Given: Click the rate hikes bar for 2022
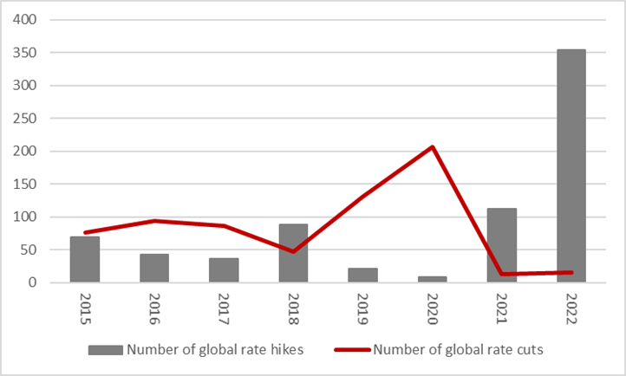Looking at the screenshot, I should pos(571,165).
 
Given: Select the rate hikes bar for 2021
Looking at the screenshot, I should pos(501,245).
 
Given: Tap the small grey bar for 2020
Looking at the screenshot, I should pos(432,279).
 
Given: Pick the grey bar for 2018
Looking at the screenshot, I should pos(293,253).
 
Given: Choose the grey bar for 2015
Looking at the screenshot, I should pos(85,259).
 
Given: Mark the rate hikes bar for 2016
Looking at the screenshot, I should pos(154,268).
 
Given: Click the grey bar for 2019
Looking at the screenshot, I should pos(362,275).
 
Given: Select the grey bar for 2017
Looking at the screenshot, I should pos(224,269).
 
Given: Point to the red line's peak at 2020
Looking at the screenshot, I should pos(432,147).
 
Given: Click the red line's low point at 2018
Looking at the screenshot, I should pos(293,251).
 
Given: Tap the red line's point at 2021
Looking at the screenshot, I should pos(501,274).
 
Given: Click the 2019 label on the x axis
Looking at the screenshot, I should pos(363,308).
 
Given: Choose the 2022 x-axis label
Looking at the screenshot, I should pos(571,308).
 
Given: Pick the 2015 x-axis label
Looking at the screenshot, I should pos(86,308).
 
